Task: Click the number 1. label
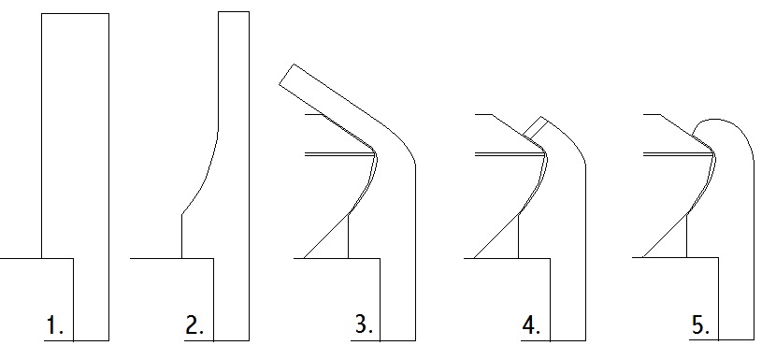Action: coord(54,325)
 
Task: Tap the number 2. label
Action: coord(194,325)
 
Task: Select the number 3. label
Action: coord(364,324)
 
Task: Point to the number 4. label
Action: coord(531,325)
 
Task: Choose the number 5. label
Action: coord(700,325)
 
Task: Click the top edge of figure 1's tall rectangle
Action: coord(75,14)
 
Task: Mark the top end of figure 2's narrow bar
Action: coord(234,12)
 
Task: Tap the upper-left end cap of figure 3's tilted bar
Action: coord(286,75)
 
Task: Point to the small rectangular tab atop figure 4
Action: coord(536,128)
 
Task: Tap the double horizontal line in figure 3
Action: coord(339,154)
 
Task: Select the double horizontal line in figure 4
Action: coord(510,154)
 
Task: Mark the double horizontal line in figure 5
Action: coord(679,154)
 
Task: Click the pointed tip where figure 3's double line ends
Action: coord(375,154)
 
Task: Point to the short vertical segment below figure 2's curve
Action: coord(182,237)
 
